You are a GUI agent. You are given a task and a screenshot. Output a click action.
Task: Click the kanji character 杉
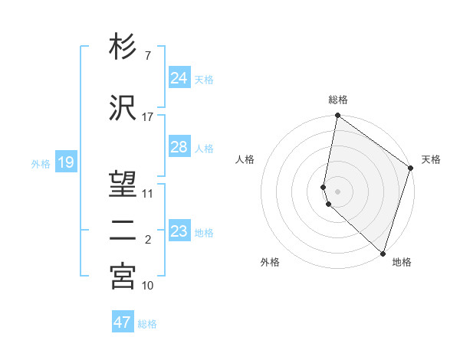[123, 47]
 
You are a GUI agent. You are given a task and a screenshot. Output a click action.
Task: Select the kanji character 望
[123, 185]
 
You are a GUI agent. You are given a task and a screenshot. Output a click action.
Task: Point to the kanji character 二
[123, 231]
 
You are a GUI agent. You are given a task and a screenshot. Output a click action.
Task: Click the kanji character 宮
[123, 277]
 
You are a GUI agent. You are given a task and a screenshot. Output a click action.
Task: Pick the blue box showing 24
[179, 77]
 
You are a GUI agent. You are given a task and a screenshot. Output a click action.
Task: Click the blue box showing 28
[179, 147]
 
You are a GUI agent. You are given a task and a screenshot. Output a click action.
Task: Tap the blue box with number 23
[179, 231]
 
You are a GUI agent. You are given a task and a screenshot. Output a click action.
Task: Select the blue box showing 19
[65, 162]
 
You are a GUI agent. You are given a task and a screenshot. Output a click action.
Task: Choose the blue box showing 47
[123, 322]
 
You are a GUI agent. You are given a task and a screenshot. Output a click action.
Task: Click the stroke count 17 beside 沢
[147, 117]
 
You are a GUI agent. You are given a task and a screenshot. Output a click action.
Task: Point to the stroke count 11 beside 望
[147, 193]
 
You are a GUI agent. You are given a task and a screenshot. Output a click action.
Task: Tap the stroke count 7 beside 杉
[147, 55]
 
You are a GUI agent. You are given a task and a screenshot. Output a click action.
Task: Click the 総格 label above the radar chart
[338, 100]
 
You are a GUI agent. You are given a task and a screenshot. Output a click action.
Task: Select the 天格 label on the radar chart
[431, 159]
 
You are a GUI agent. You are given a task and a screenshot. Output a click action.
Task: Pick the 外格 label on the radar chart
[270, 262]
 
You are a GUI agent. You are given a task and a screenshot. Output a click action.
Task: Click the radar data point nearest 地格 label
[383, 253]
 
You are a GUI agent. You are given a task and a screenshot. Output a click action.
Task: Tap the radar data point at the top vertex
[337, 116]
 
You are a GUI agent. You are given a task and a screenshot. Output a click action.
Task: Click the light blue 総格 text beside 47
[147, 323]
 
